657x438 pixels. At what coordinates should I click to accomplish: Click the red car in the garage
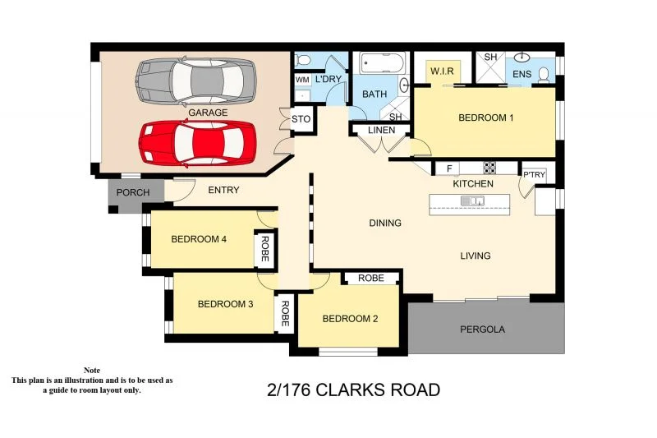point(195,142)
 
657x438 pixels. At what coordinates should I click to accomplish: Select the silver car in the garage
point(197,80)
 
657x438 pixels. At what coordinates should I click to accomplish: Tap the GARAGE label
point(209,113)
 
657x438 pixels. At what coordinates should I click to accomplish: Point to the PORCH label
point(133,193)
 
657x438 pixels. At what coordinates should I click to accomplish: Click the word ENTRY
point(223,191)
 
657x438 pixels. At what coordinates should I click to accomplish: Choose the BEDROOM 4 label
point(199,240)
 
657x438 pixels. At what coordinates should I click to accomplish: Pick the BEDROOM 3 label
point(225,304)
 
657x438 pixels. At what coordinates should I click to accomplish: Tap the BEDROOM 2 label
point(350,319)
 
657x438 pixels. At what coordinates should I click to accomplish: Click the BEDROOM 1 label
point(485,118)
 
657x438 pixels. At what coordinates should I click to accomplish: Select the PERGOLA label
point(482,330)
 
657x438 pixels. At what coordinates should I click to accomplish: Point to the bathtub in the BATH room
point(382,63)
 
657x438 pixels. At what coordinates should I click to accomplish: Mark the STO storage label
point(301,119)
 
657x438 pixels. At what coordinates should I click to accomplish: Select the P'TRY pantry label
point(534,174)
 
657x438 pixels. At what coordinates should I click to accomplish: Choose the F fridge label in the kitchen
point(448,169)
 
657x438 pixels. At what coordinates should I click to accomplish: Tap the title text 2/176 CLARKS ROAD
point(354,390)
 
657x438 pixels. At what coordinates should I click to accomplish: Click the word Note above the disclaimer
point(91,371)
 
